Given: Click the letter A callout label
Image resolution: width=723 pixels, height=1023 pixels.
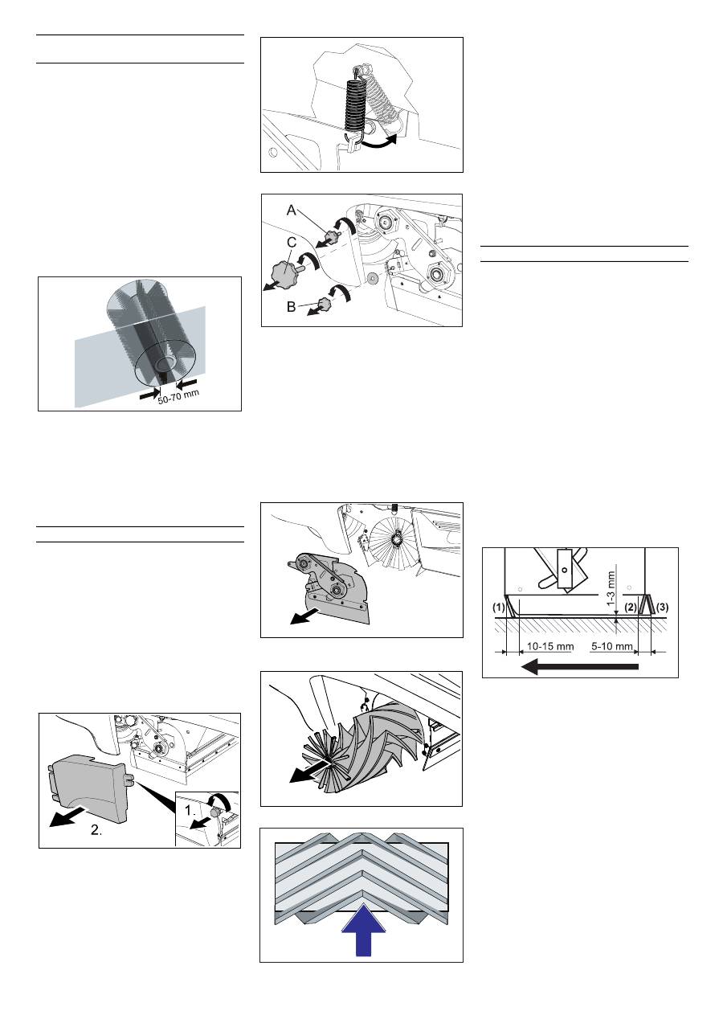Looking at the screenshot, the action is [291, 211].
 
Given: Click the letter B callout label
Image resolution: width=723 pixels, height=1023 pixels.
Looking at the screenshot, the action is [291, 307].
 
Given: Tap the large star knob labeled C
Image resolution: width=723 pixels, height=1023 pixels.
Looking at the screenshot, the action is [285, 273].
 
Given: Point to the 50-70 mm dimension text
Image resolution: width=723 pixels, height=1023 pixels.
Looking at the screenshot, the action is [178, 396].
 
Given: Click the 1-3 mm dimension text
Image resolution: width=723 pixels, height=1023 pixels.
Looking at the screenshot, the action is [612, 589].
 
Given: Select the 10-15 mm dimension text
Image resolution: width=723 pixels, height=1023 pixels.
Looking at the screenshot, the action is [550, 646].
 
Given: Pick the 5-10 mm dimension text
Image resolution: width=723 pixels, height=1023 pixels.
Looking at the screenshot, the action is [611, 646].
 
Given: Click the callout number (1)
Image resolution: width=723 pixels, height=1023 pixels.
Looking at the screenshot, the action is [498, 608].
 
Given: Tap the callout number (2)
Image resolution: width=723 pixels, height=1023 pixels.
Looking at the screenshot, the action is [631, 608].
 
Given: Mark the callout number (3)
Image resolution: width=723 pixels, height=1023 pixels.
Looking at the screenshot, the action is [662, 608].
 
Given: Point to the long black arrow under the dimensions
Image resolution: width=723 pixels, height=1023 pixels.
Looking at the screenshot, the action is [580, 667].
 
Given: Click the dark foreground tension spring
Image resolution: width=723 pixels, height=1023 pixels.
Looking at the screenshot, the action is [353, 106].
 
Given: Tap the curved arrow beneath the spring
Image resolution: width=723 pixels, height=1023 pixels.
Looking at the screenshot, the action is [378, 142].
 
